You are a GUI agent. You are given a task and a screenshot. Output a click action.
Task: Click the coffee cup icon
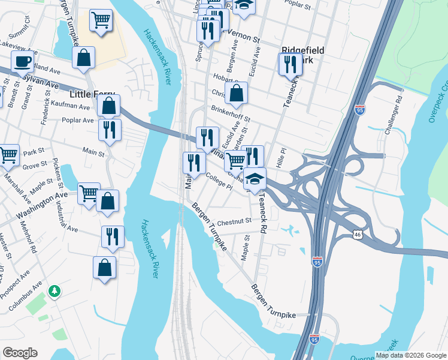pyautogui.click(x=23, y=61)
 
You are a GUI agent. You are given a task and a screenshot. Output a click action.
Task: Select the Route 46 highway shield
pyautogui.click(x=357, y=233)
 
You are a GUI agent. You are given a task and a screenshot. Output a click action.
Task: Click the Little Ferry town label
pyautogui.click(x=92, y=94)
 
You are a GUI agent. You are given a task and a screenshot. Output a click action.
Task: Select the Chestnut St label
pyautogui.click(x=234, y=221)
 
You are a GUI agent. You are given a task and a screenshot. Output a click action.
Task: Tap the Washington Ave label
pyautogui.click(x=42, y=205)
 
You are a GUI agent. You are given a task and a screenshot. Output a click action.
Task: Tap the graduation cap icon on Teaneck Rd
pyautogui.click(x=255, y=179)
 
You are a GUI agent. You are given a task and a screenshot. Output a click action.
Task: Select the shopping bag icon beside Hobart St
pyautogui.click(x=237, y=93)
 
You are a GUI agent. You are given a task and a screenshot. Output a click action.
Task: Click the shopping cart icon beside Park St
pyautogui.click(x=8, y=155)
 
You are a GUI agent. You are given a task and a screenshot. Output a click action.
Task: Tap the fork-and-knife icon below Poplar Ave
pyautogui.click(x=110, y=130)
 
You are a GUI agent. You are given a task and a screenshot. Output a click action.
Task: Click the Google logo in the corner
pyautogui.click(x=20, y=353)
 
